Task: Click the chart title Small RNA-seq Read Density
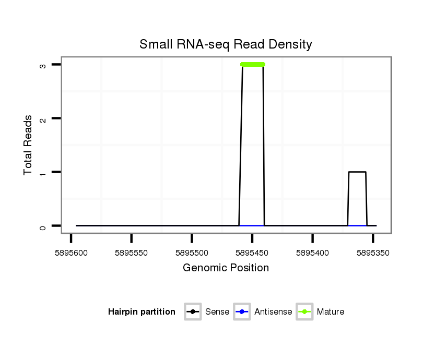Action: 226,44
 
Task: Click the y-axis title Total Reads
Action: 28,145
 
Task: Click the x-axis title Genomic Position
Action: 226,268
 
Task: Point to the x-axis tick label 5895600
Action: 70,253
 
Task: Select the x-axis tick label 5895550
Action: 131,253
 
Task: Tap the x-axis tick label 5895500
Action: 192,253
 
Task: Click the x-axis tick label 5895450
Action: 252,253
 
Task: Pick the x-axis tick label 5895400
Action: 312,253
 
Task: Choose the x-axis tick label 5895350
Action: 373,253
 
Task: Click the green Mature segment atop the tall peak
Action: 253,65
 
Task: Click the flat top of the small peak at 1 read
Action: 357,172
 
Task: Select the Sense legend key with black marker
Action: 193,312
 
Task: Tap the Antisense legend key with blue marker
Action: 242,312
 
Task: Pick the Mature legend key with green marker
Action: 304,312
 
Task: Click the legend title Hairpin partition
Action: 142,312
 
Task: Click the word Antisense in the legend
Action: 273,312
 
